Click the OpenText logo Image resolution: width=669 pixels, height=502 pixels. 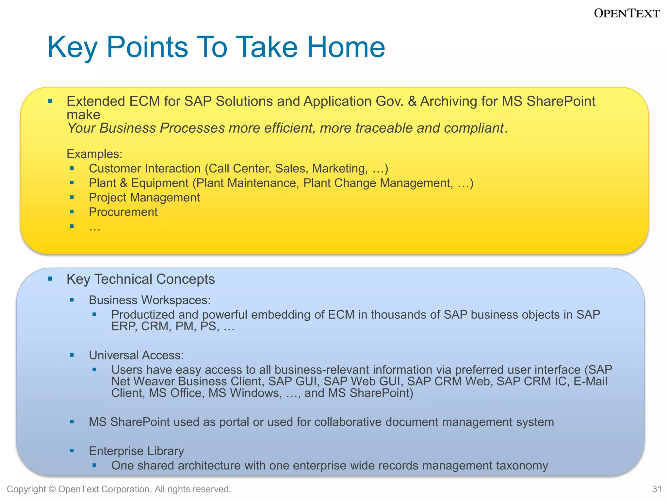[x=627, y=13]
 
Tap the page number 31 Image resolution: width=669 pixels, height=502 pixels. [x=657, y=489]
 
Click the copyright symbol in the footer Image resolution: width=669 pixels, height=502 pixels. [x=52, y=489]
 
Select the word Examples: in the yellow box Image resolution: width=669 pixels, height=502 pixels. [x=94, y=154]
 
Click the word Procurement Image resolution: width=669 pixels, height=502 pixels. [x=123, y=212]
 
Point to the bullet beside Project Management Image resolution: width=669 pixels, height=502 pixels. [x=72, y=197]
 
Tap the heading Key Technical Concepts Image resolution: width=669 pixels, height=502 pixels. [x=140, y=279]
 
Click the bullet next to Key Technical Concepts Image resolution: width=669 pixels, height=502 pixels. [x=50, y=279]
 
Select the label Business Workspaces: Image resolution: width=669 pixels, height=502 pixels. [x=150, y=300]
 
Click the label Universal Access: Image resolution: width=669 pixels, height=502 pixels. [x=136, y=355]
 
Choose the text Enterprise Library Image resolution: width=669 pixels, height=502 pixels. [x=136, y=451]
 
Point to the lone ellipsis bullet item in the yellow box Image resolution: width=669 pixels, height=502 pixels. [x=94, y=227]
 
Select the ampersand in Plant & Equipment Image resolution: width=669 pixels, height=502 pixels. [x=123, y=183]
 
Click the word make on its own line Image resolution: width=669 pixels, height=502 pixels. [x=83, y=115]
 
